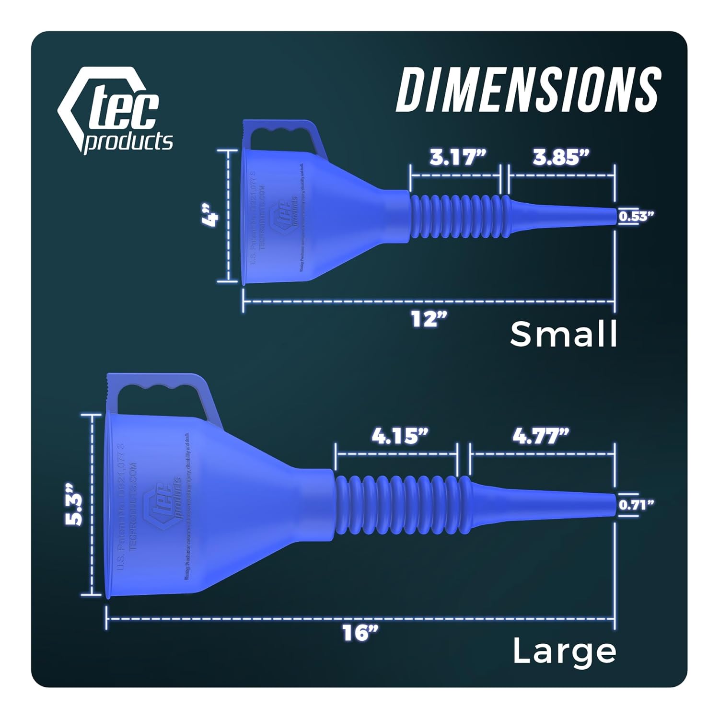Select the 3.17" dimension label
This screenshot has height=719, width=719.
click(x=458, y=157)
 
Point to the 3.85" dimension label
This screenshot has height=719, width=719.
click(x=561, y=157)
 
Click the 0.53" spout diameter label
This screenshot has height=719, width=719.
click(x=636, y=216)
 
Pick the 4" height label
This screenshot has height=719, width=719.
click(x=210, y=215)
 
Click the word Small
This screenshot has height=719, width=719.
click(x=564, y=334)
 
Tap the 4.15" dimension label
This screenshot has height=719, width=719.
click(x=400, y=436)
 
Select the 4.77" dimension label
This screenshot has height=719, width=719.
click(x=541, y=436)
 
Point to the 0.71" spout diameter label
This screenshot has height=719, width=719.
click(x=636, y=504)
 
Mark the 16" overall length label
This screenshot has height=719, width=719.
click(x=360, y=634)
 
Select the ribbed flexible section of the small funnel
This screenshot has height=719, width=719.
click(x=458, y=216)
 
